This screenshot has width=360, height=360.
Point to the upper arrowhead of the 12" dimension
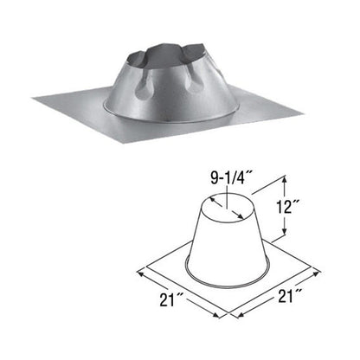(284, 179)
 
